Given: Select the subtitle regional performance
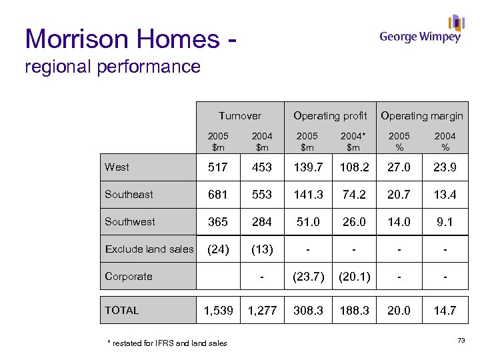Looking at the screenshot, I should pos(112,67).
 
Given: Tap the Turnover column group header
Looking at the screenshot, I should pos(240,116).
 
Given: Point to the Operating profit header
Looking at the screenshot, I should pos(330,116).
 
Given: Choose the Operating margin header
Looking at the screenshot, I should pos(421,116).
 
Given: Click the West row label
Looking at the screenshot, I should pos(117,167).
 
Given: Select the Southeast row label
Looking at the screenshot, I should pos(129,195).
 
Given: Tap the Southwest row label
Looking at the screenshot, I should pos(129,222).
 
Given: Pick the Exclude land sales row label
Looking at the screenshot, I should pos(149,249).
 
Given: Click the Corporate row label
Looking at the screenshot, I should pos(129,277).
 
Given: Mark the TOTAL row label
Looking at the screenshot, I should pos(122,310).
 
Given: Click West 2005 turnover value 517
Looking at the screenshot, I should pos(218,168).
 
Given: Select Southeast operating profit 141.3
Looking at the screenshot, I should pos(308,195).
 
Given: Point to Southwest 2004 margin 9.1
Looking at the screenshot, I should pos(445,223).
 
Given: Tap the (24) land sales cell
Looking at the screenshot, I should pos(218,250).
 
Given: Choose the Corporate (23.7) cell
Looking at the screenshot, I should pos(308,277).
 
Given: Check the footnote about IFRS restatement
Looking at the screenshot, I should pos(167,343).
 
